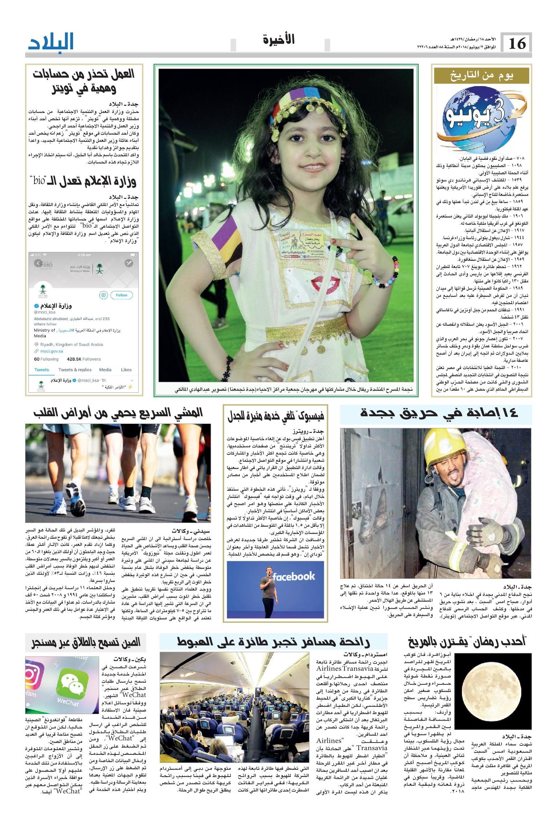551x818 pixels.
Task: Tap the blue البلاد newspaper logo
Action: point(51,42)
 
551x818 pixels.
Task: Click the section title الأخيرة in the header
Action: point(279,39)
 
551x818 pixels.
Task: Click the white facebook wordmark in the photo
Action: point(294,576)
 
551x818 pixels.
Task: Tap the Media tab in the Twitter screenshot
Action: point(105,370)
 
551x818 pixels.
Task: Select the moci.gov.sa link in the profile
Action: point(49,351)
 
